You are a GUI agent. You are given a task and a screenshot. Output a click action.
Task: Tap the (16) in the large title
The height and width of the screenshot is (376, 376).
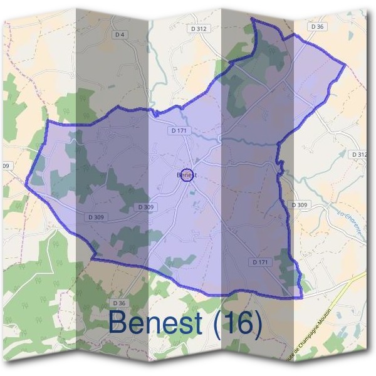pos(237,323)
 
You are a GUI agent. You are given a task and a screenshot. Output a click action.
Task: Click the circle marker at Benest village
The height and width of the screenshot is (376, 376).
pos(186,175)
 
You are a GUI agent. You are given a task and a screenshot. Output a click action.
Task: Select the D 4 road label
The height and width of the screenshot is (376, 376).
pos(120,34)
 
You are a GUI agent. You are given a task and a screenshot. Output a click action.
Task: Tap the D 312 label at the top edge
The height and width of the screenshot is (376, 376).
pos(198,29)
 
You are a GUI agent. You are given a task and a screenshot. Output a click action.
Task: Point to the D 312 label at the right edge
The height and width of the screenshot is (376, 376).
pos(358,154)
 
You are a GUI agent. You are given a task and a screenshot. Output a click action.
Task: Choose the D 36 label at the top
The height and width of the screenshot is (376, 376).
pos(317,26)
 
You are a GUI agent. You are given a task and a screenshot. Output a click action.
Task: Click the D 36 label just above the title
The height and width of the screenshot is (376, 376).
pos(120,303)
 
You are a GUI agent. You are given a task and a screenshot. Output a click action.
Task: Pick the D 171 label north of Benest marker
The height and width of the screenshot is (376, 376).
pos(179,131)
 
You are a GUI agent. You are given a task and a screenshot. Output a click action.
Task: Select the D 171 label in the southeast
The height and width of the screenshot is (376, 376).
pos(261,261)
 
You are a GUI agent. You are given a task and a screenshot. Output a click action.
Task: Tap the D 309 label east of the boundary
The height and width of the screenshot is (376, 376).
pos(300,205)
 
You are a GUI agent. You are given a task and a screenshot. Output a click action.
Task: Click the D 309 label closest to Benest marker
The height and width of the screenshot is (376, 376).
pos(145,207)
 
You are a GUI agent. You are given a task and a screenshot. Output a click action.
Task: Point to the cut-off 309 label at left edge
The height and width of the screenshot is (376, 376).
pos(6,166)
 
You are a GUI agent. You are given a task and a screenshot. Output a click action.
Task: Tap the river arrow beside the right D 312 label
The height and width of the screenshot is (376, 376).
pos(343,152)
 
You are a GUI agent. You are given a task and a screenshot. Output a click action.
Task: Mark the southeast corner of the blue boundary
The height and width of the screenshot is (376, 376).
pos(301,297)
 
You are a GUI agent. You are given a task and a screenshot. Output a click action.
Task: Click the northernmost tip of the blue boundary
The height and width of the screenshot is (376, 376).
pos(252,18)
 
